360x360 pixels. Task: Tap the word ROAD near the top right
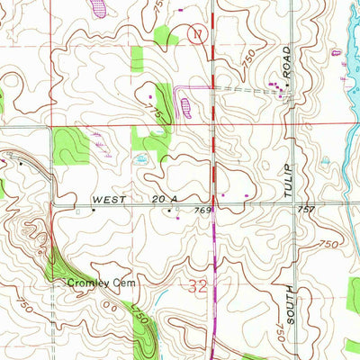pyautogui.click(x=288, y=59)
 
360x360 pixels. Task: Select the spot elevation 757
pyautogui.click(x=305, y=210)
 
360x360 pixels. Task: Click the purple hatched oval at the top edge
pyautogui.click(x=98, y=7)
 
